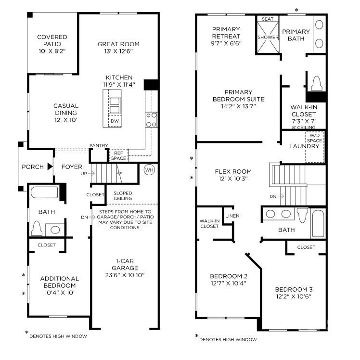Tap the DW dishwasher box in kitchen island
[x=115, y=121]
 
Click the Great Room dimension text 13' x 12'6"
[x=115, y=51]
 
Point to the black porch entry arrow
[x=49, y=167]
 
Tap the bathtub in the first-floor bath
[x=44, y=193]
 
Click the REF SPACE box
[x=118, y=155]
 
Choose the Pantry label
[x=98, y=146]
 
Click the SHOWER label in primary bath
[x=268, y=37]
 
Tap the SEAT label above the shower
[x=268, y=19]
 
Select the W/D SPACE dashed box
[x=314, y=146]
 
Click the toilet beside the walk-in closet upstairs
[x=316, y=84]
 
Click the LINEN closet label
[x=232, y=216]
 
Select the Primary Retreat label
[x=226, y=32]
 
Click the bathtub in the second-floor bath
[x=319, y=224]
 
